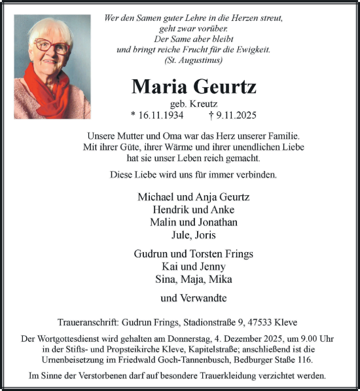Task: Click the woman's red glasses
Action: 52,47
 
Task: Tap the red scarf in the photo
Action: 49,88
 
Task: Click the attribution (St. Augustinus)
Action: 194,60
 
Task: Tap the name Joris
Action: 206,234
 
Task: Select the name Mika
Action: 221,279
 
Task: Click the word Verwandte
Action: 203,298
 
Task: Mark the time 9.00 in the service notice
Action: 306,339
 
